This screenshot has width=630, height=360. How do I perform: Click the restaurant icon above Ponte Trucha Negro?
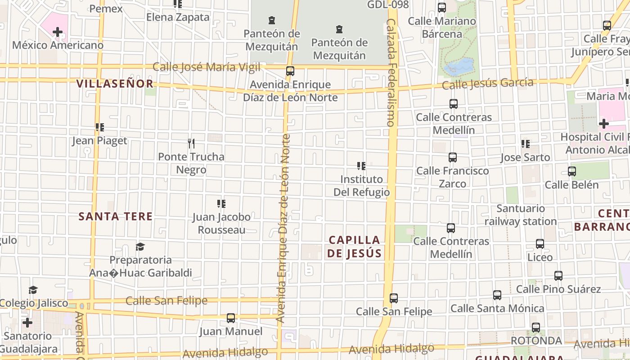click(x=191, y=144)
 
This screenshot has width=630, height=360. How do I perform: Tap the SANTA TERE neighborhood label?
click(x=116, y=216)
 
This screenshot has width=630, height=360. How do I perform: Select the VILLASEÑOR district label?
click(x=115, y=84)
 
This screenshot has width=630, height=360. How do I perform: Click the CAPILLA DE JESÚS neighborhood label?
click(x=354, y=247)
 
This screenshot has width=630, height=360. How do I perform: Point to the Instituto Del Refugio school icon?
click(x=361, y=166)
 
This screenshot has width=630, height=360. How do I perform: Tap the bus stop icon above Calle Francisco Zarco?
click(x=452, y=157)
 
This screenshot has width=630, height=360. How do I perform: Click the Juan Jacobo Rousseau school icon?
click(x=221, y=204)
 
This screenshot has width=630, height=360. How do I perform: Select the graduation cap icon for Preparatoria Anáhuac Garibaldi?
click(x=140, y=247)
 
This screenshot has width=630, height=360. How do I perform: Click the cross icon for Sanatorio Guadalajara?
click(x=27, y=323)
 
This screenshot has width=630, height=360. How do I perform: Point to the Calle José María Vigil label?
click(x=207, y=67)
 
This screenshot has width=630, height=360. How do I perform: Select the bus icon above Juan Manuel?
click(x=231, y=318)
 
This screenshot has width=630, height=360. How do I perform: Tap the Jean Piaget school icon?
click(x=99, y=127)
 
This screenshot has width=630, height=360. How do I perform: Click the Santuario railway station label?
click(x=521, y=215)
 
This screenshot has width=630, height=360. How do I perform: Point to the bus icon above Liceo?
click(x=540, y=244)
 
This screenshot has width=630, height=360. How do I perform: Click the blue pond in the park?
click(x=459, y=68)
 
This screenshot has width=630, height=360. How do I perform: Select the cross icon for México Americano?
click(x=58, y=32)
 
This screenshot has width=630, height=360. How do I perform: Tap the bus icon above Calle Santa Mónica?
click(x=497, y=295)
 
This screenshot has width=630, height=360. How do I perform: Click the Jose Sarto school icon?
click(x=525, y=144)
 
